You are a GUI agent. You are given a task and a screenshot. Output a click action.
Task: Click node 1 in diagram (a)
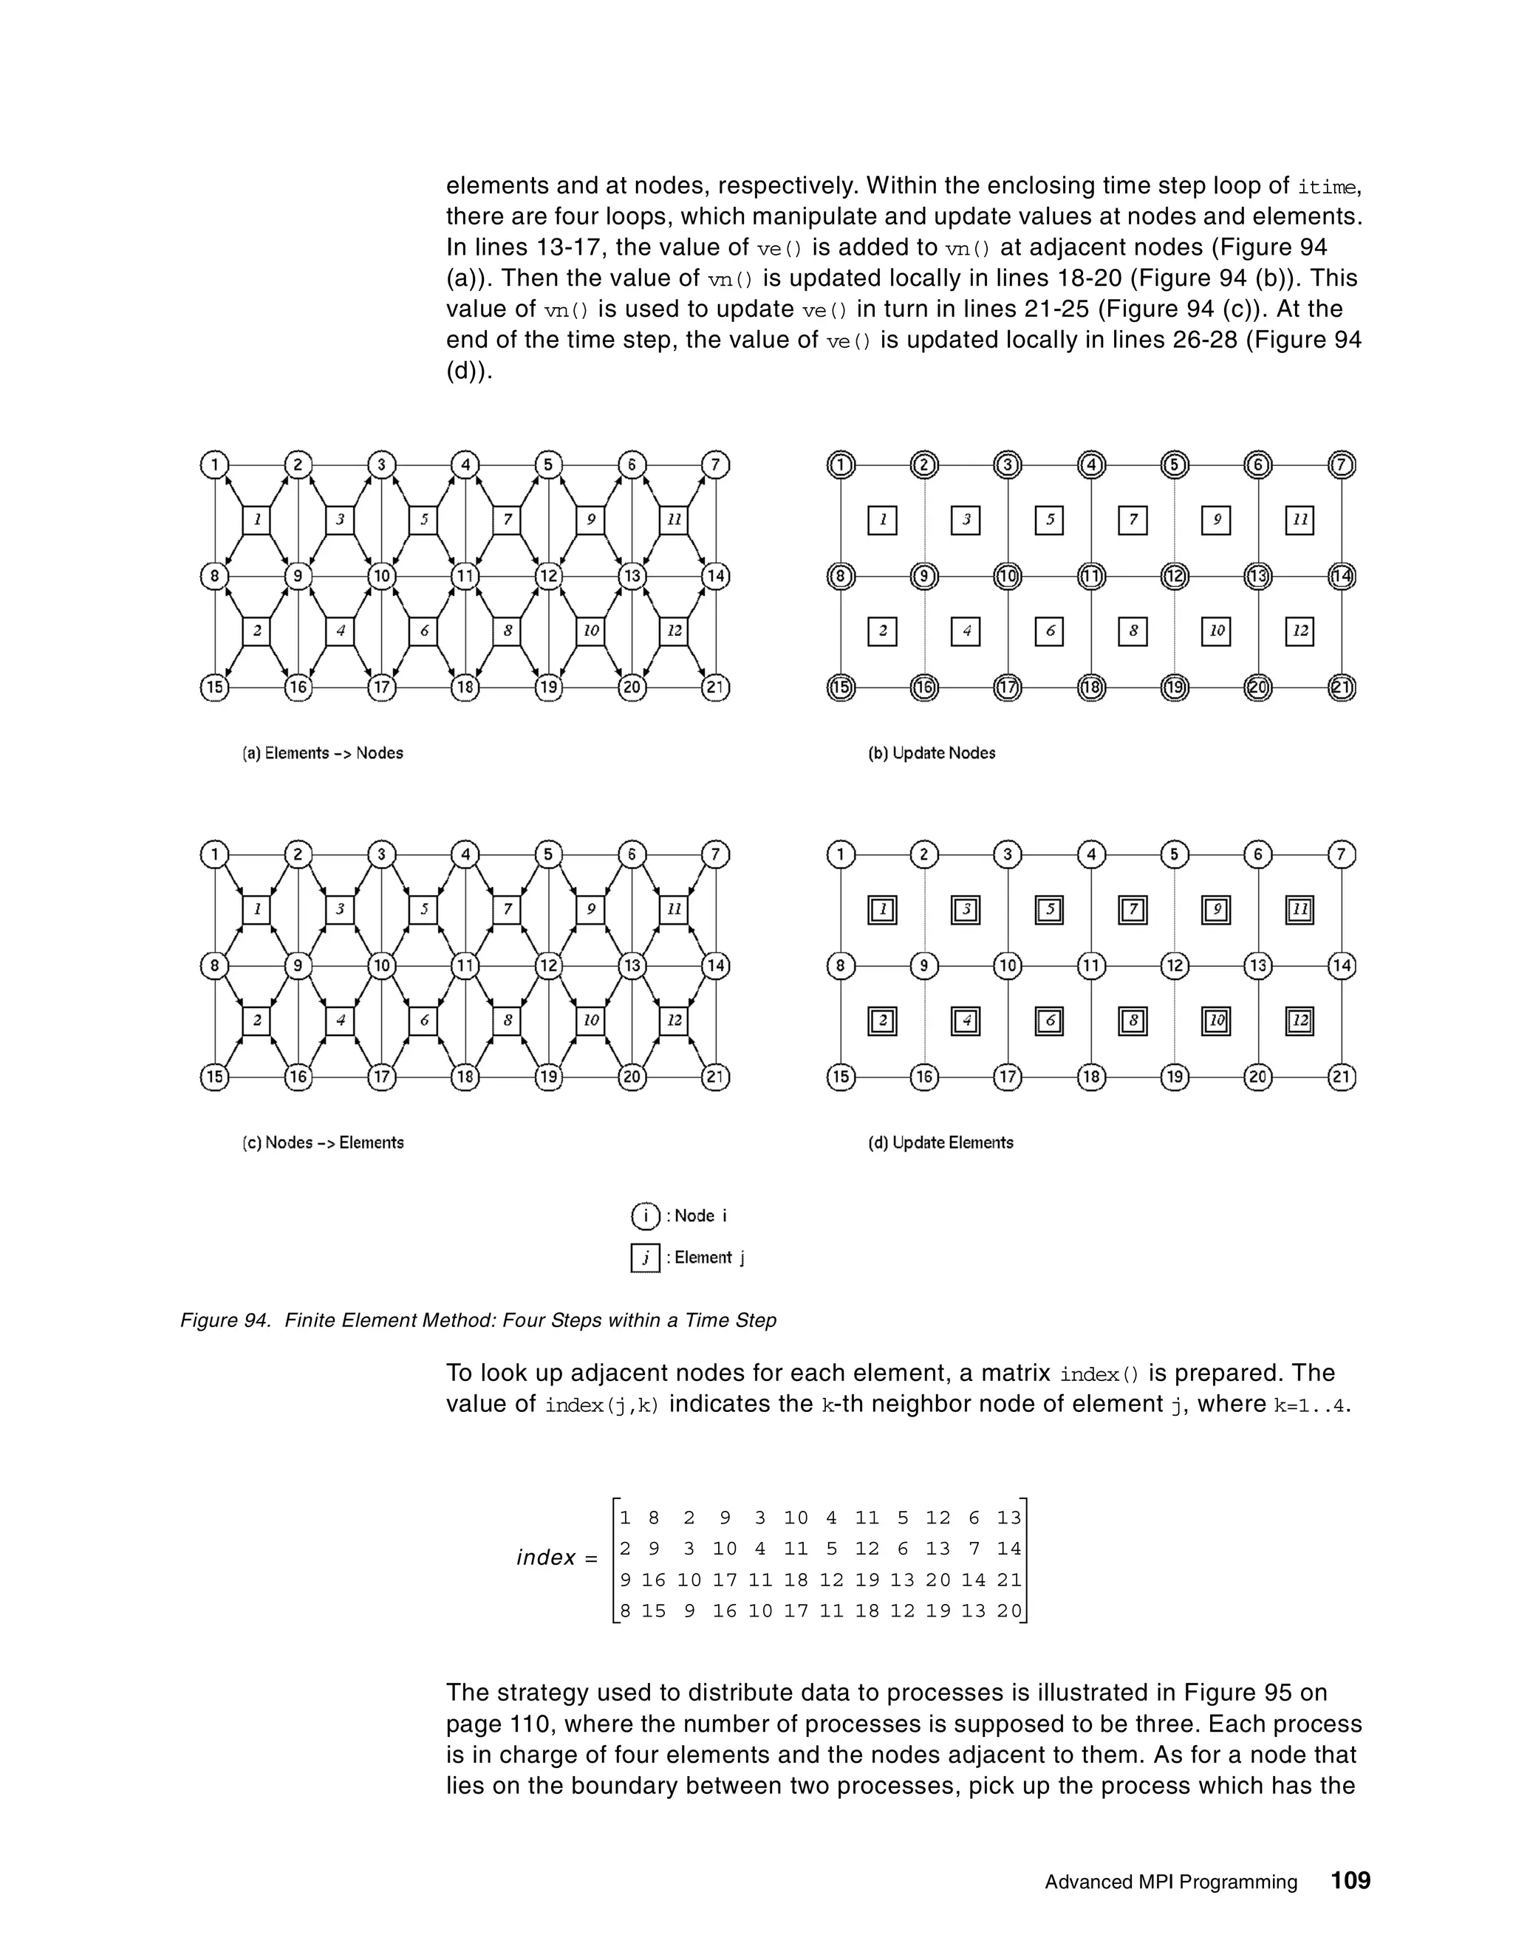214,465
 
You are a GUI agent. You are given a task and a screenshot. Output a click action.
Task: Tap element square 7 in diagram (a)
508,520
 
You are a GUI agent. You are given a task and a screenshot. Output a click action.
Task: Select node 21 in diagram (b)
1341,688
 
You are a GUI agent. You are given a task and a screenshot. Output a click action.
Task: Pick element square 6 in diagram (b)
1050,631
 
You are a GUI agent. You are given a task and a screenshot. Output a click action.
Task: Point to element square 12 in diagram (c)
674,1021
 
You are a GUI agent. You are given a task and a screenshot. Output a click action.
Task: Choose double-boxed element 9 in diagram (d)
1216,911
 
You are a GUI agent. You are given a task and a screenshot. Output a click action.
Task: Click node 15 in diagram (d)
841,1076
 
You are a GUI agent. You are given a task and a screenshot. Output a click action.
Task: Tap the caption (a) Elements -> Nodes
323,753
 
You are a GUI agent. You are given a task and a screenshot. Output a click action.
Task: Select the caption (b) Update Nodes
932,753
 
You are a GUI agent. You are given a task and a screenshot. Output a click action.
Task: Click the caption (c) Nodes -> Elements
323,1142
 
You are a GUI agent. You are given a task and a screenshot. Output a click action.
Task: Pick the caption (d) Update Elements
940,1142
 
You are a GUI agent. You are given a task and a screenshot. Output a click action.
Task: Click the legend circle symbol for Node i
646,1216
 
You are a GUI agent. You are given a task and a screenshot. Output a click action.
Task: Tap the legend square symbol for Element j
646,1258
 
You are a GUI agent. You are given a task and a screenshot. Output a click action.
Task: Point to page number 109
1350,1880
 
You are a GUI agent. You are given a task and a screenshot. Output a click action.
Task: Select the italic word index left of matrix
546,1558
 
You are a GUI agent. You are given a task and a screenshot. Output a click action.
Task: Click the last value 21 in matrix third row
1009,1580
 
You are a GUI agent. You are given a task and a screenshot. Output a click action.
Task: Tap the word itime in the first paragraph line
1328,188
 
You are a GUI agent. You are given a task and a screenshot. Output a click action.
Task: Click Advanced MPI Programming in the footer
1171,1882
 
